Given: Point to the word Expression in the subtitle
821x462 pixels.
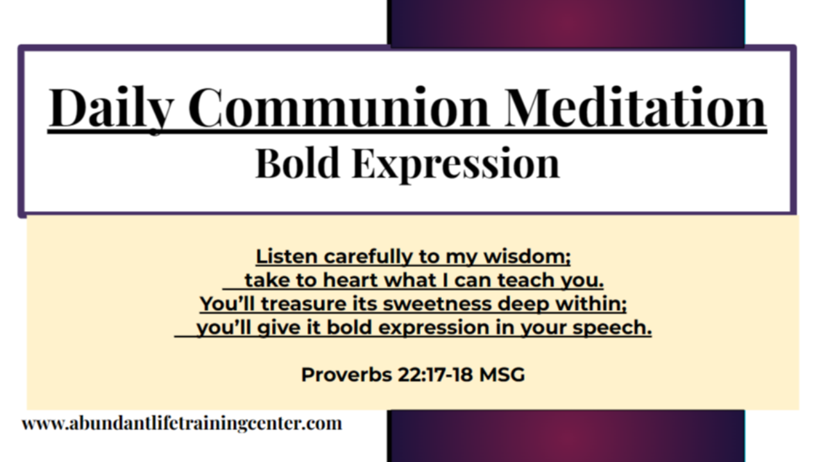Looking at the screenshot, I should pos(455,164).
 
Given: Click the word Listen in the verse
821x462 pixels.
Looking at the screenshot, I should pos(286,257).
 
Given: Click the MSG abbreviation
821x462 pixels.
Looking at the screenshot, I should pos(501,374).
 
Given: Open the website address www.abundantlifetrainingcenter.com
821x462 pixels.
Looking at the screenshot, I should pos(182,424).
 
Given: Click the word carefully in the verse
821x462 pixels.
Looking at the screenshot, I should pos(367,257).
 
